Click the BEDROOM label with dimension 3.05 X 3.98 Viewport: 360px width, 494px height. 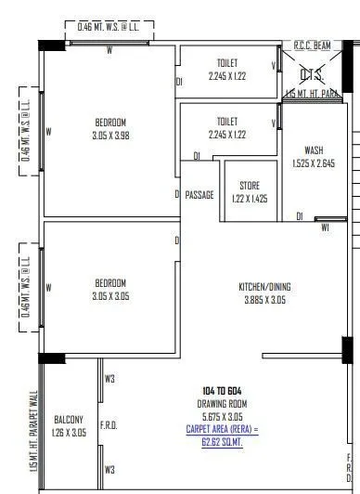tap(110, 122)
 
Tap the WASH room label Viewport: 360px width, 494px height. tap(314, 150)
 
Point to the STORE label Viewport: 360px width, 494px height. tap(250, 185)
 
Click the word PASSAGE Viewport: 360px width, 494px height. tap(199, 195)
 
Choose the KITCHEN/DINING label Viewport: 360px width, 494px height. tap(264, 287)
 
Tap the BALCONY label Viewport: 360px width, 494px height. tap(70, 419)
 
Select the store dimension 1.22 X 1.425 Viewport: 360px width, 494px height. tap(250, 198)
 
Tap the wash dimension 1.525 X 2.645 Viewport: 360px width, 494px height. tap(314, 163)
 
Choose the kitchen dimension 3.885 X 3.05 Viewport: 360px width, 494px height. tap(264, 300)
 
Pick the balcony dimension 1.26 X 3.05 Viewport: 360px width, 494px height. tap(70, 432)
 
